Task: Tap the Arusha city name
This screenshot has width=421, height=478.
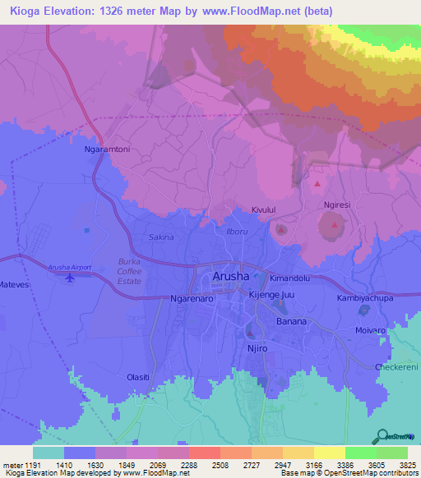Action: pos(231,277)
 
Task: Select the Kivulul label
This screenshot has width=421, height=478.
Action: pos(267,211)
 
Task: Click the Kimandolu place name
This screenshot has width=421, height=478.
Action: pos(289,278)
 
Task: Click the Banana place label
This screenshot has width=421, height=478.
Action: pos(291,321)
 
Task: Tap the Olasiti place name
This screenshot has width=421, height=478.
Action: pos(138,377)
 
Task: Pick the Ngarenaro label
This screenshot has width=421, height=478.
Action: pos(192,300)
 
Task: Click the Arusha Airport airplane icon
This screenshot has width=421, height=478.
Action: pos(69,278)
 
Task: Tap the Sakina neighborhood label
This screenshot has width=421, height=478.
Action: pos(161,237)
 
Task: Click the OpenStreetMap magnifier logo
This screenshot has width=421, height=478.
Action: pos(383,436)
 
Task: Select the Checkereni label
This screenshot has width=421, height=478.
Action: pos(396,367)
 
